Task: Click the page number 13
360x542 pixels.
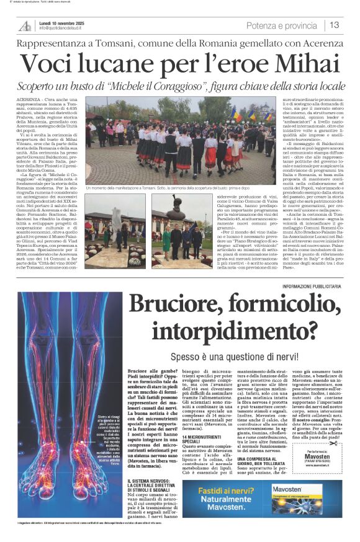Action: (334, 25)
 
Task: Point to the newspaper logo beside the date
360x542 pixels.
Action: (25, 25)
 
